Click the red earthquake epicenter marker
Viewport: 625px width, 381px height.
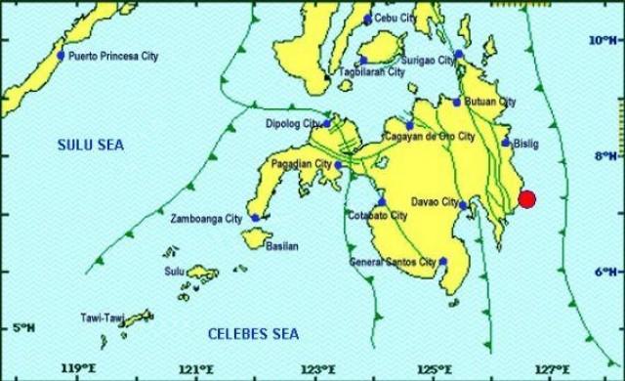tap(527, 199)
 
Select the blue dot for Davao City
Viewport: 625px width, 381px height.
tap(462, 204)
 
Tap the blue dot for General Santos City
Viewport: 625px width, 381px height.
tap(443, 261)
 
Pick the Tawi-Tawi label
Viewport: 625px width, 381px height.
tap(101, 318)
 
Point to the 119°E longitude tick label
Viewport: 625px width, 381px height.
tap(77, 370)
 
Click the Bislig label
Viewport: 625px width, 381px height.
tap(524, 144)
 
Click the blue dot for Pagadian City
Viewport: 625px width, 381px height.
tap(338, 165)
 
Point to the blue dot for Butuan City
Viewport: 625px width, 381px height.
tap(456, 102)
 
